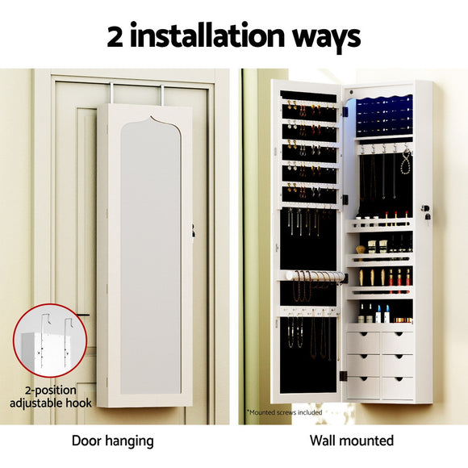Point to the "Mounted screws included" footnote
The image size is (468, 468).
pos(285,412)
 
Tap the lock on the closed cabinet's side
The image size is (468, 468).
pos(194,231)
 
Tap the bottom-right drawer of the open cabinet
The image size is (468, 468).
pos(398,386)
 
